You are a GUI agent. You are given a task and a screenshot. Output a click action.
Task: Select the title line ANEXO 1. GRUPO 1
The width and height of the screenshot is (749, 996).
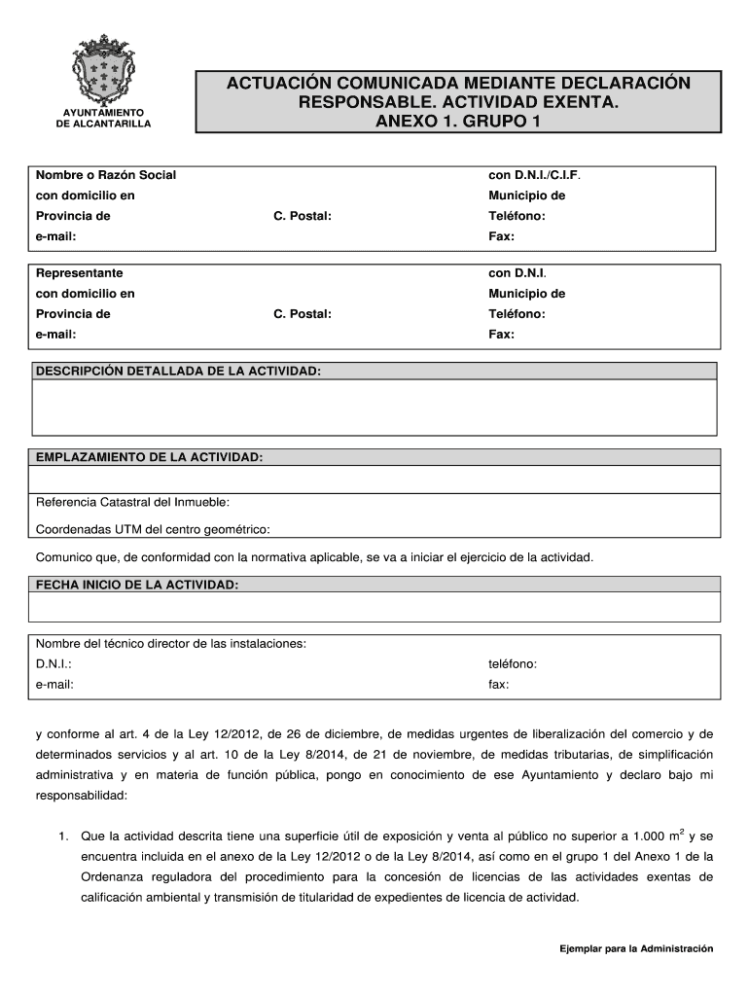point(457,122)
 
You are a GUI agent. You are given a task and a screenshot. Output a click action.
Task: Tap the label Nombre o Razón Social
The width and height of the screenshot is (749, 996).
point(106,175)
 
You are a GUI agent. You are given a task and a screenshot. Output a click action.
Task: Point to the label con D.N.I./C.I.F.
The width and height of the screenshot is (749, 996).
point(534,175)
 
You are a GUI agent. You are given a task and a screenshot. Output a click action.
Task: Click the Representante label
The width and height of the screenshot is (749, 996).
point(79,273)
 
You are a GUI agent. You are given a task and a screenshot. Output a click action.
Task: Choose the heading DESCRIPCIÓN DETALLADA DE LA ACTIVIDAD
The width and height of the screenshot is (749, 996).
point(178,372)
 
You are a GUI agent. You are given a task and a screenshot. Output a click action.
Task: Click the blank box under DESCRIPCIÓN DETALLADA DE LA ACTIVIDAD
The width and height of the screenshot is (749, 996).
point(374,407)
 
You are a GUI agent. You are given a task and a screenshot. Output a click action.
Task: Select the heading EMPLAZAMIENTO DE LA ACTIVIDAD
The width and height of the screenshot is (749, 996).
point(149,457)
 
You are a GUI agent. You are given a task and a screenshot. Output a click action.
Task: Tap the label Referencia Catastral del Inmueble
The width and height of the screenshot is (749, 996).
point(133,502)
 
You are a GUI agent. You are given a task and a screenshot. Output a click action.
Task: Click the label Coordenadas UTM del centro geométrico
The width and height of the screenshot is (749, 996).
point(153,529)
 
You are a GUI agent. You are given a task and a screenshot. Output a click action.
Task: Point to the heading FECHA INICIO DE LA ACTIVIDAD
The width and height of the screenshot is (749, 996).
point(136,585)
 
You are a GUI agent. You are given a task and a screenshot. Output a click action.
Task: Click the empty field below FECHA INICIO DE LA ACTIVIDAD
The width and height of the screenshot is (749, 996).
point(374,607)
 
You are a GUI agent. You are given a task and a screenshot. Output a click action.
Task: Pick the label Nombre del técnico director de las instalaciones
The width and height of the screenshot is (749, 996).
point(171,644)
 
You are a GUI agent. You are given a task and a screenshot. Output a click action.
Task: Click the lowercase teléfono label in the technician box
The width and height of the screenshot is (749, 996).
point(513,664)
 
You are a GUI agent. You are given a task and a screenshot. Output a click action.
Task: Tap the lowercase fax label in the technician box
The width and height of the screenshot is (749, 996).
point(498,685)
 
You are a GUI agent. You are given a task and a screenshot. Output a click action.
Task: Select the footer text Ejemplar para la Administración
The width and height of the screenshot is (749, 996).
point(636,948)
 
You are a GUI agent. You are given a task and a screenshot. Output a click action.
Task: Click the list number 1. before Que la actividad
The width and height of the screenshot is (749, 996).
point(63,836)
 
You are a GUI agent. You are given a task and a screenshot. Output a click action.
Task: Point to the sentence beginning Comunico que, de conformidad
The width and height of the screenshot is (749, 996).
point(314,557)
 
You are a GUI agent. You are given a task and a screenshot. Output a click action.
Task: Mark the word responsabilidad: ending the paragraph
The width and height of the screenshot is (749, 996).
point(82,795)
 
